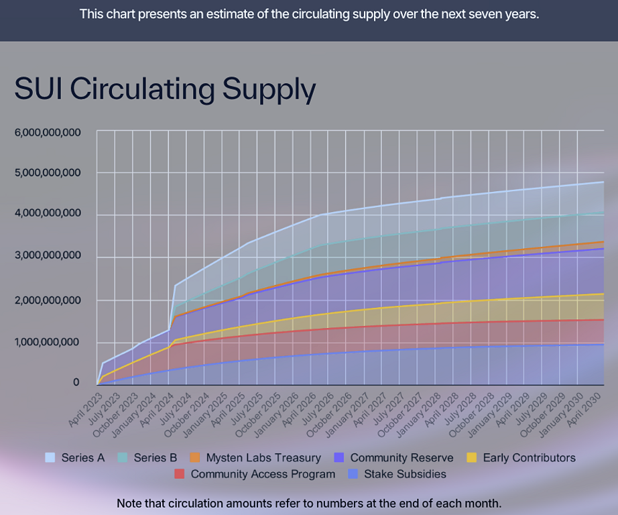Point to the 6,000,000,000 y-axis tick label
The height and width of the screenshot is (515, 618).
pyautogui.click(x=48, y=132)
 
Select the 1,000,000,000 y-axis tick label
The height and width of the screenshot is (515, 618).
pyautogui.click(x=48, y=342)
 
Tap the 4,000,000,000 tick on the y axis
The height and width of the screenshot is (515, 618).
pyautogui.click(x=48, y=214)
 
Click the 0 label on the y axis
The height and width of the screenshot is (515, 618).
pyautogui.click(x=76, y=382)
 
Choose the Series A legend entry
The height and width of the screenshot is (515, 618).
pyautogui.click(x=83, y=458)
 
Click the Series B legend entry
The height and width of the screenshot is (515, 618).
pyautogui.click(x=155, y=458)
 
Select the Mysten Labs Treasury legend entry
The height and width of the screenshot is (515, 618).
pyautogui.click(x=263, y=458)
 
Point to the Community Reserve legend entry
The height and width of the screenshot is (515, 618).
pyautogui.click(x=401, y=458)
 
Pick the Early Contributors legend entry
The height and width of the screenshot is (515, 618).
pyautogui.click(x=529, y=458)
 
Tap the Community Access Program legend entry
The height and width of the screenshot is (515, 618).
pyautogui.click(x=263, y=474)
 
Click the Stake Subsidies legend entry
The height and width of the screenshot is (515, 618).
pyautogui.click(x=405, y=474)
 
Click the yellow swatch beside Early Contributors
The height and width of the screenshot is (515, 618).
pyautogui.click(x=472, y=458)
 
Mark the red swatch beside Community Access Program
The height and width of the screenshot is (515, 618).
pyautogui.click(x=180, y=474)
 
